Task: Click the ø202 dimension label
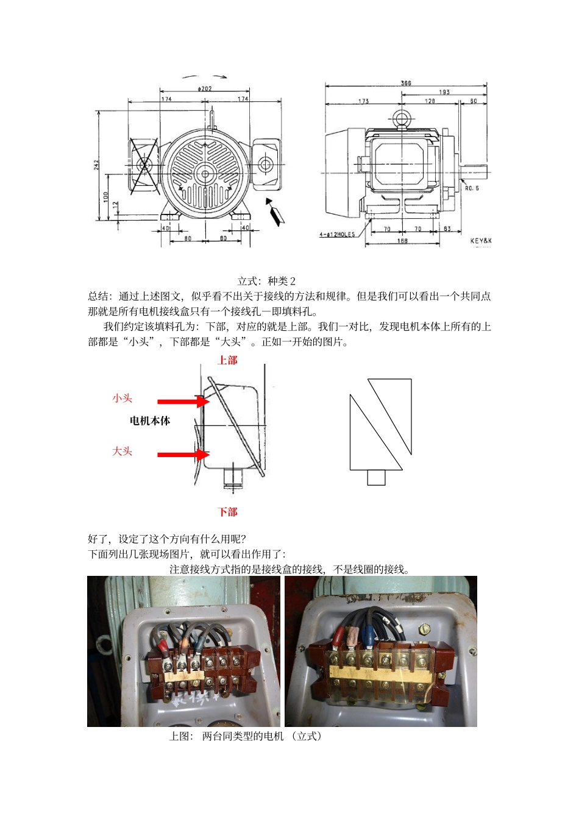point(205,89)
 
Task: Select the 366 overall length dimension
point(406,83)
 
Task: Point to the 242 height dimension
point(97,165)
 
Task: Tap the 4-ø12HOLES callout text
point(337,235)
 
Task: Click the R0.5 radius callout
point(472,188)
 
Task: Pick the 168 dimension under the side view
point(402,241)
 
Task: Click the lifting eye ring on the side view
point(400,119)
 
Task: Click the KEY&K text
point(480,241)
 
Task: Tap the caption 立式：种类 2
point(266,281)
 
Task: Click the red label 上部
point(227,360)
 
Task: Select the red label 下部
point(227,512)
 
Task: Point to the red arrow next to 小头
point(183,401)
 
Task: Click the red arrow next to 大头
point(183,455)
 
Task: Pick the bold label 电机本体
point(150,420)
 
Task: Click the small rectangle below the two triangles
point(376,478)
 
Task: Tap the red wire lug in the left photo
point(163,643)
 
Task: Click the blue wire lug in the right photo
point(368,637)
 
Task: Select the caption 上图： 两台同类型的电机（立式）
point(245,736)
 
